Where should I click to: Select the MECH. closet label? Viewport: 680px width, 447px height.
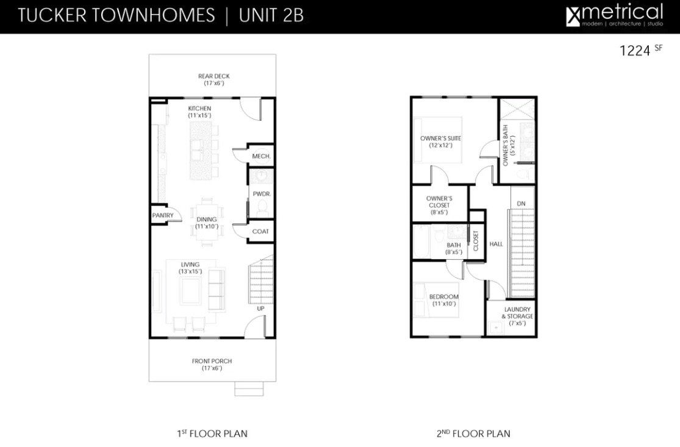tap(261, 157)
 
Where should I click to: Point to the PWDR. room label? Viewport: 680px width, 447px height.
tap(262, 194)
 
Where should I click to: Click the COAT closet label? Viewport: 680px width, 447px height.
tap(260, 232)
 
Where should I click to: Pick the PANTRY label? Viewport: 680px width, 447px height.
tap(163, 216)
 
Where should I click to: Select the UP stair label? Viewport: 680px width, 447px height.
tap(260, 309)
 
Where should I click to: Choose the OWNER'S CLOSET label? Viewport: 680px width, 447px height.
tap(439, 202)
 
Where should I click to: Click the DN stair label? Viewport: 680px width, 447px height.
tap(521, 204)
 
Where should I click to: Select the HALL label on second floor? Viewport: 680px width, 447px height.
tap(496, 244)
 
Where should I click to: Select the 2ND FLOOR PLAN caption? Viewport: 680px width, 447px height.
tap(473, 434)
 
